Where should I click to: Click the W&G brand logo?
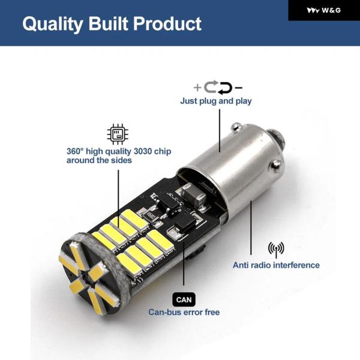323,10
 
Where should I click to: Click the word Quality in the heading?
53,24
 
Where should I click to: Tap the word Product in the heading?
167,23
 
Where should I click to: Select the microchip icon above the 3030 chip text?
118,134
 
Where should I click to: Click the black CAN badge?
184,299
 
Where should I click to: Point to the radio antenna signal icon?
276,250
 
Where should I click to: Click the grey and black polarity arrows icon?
218,88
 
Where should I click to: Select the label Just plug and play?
216,101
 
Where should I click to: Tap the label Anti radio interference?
276,265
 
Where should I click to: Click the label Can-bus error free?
184,312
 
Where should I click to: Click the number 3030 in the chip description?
143,152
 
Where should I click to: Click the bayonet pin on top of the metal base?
235,127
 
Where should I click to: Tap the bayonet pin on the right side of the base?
276,164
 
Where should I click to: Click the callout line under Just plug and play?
220,131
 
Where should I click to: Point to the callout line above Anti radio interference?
251,228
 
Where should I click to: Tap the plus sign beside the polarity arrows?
197,88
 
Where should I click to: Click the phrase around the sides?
99,160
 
